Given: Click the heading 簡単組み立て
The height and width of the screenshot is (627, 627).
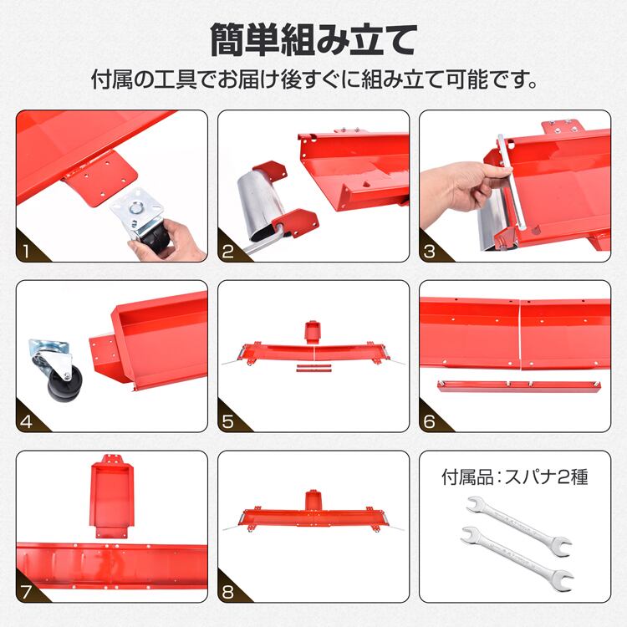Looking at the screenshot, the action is [313, 40].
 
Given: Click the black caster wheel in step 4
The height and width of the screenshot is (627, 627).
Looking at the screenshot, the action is [65, 384].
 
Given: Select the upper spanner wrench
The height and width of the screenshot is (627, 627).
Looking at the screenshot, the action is [518, 522].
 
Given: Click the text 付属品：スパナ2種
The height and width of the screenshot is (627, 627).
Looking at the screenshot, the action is [515, 477].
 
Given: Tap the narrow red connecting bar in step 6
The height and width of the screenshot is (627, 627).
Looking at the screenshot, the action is [518, 386].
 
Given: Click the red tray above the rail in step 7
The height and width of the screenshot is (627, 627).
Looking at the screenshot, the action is [111, 496].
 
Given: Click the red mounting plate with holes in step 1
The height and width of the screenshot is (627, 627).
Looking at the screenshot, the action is [100, 178].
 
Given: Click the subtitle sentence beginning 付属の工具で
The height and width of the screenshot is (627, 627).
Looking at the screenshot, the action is [313, 79].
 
